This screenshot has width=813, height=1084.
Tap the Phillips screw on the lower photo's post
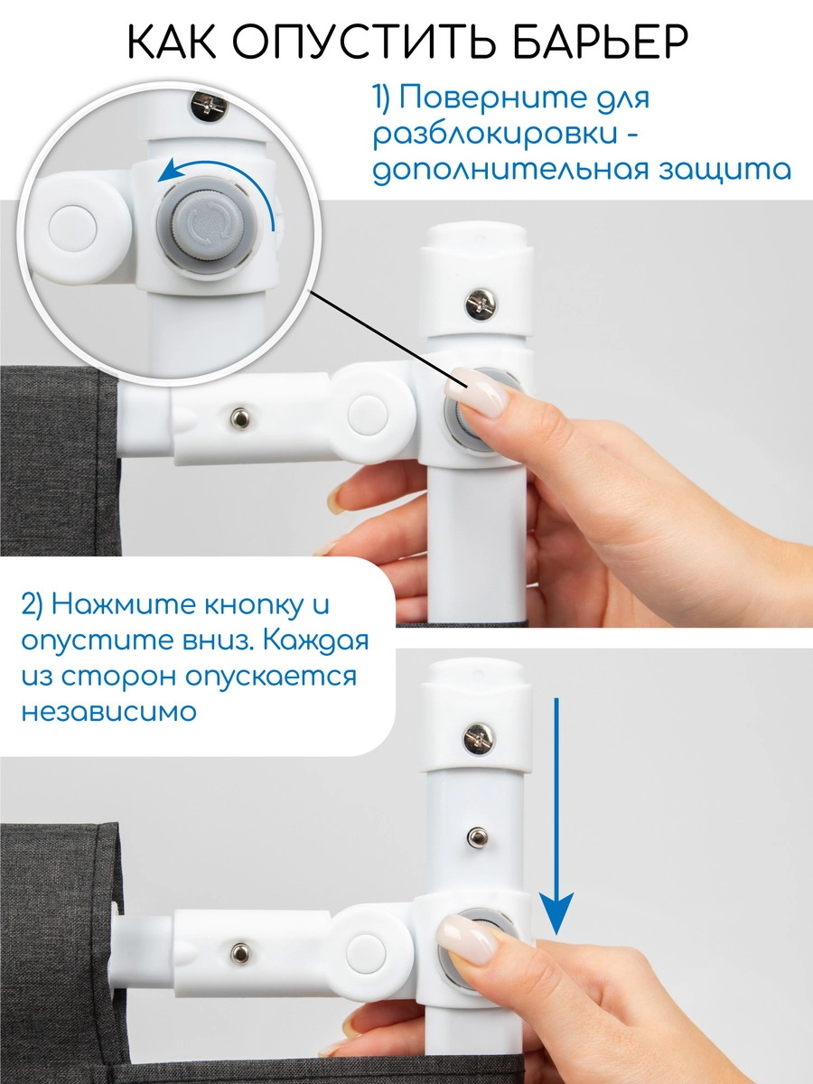480,737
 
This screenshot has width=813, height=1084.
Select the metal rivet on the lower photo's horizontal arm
240,951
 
